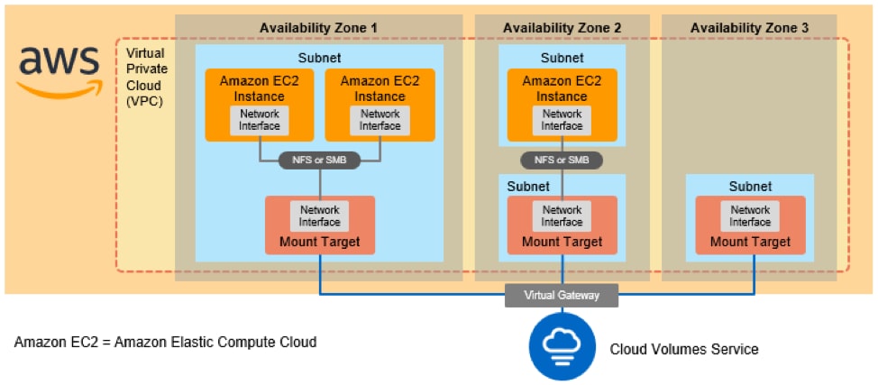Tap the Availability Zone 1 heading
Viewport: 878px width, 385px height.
coord(318,28)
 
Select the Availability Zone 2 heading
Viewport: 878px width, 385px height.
coord(562,28)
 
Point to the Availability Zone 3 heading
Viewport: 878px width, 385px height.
coord(749,28)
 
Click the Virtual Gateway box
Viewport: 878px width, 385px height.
coord(562,295)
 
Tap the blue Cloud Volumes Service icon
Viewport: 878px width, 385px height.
coord(562,346)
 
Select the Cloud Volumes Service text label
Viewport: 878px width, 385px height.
coord(684,349)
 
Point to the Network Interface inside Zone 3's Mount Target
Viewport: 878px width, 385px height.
coord(750,215)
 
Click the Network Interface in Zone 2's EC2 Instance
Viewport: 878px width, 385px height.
coord(562,120)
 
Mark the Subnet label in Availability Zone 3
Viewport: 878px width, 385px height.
coord(750,187)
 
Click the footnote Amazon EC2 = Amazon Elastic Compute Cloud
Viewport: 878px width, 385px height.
coord(166,343)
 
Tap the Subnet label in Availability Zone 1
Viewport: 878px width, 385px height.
coord(319,57)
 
